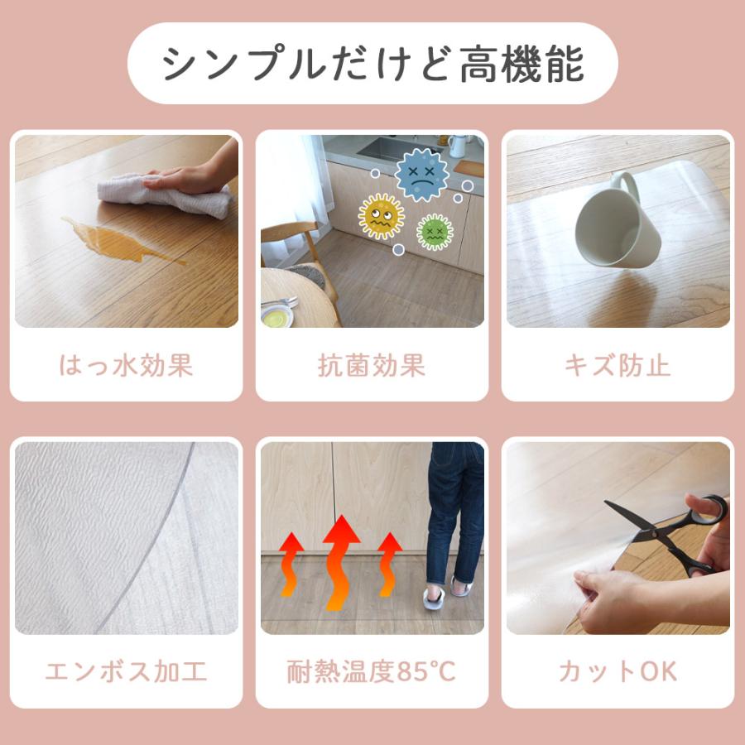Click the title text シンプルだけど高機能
click(x=372, y=65)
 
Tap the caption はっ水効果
click(x=126, y=365)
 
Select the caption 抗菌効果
click(x=372, y=365)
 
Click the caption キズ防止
click(x=618, y=365)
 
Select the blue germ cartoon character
click(x=421, y=175)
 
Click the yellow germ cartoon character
click(x=381, y=217)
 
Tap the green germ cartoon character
click(x=434, y=231)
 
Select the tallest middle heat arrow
click(x=341, y=563)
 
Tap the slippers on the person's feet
click(x=447, y=593)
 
